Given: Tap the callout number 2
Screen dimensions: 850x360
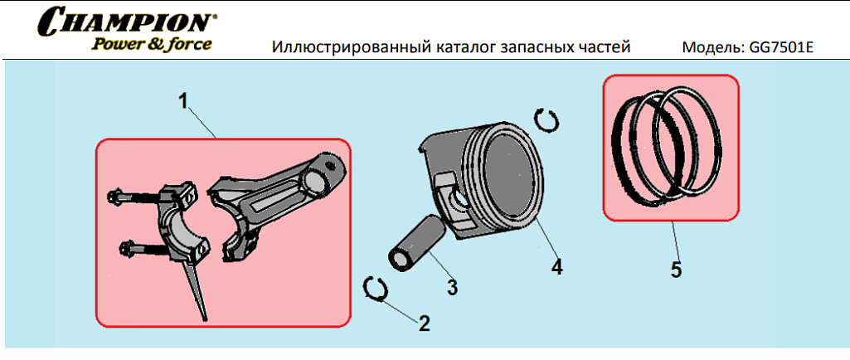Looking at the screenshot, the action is (424, 324).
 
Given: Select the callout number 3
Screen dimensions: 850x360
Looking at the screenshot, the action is (452, 287).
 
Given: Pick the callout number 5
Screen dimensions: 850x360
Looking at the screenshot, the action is (676, 270).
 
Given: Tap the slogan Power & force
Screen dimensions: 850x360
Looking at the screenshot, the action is (151, 43).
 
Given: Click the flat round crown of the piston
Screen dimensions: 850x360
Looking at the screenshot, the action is (509, 182).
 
